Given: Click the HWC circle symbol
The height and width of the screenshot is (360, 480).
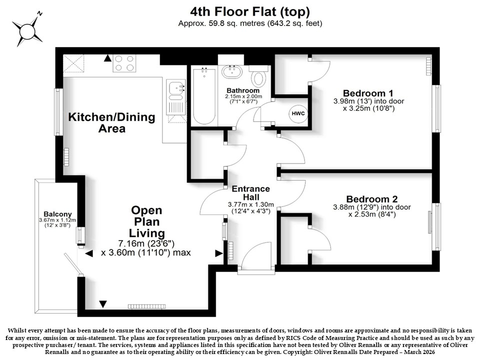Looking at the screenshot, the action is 298,113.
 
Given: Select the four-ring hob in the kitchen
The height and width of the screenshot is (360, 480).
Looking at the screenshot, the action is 124,63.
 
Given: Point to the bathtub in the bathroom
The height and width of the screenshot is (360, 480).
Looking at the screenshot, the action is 204,96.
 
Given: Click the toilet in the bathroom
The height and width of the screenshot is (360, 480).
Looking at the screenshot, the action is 259,76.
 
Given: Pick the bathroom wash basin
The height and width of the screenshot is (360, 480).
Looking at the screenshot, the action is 232,71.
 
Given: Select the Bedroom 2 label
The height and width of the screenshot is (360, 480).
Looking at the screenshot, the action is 371,199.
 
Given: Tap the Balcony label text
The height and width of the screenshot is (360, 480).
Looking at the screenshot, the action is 57,214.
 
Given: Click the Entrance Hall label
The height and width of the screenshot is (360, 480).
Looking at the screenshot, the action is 250,193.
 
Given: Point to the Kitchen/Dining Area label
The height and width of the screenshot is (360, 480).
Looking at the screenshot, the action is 111,122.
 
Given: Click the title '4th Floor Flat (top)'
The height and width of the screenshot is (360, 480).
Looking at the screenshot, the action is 250,11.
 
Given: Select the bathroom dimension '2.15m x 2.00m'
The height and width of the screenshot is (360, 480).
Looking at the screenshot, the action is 244,96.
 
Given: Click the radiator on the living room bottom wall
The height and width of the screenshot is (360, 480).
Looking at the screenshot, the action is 146,306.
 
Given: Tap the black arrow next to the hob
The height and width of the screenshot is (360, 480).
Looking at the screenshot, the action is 107,58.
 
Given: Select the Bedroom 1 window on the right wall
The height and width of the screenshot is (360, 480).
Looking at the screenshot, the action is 436,108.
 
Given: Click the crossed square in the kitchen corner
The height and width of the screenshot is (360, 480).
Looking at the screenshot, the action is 73,63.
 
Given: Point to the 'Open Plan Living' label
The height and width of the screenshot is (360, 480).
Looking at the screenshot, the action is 146,221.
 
